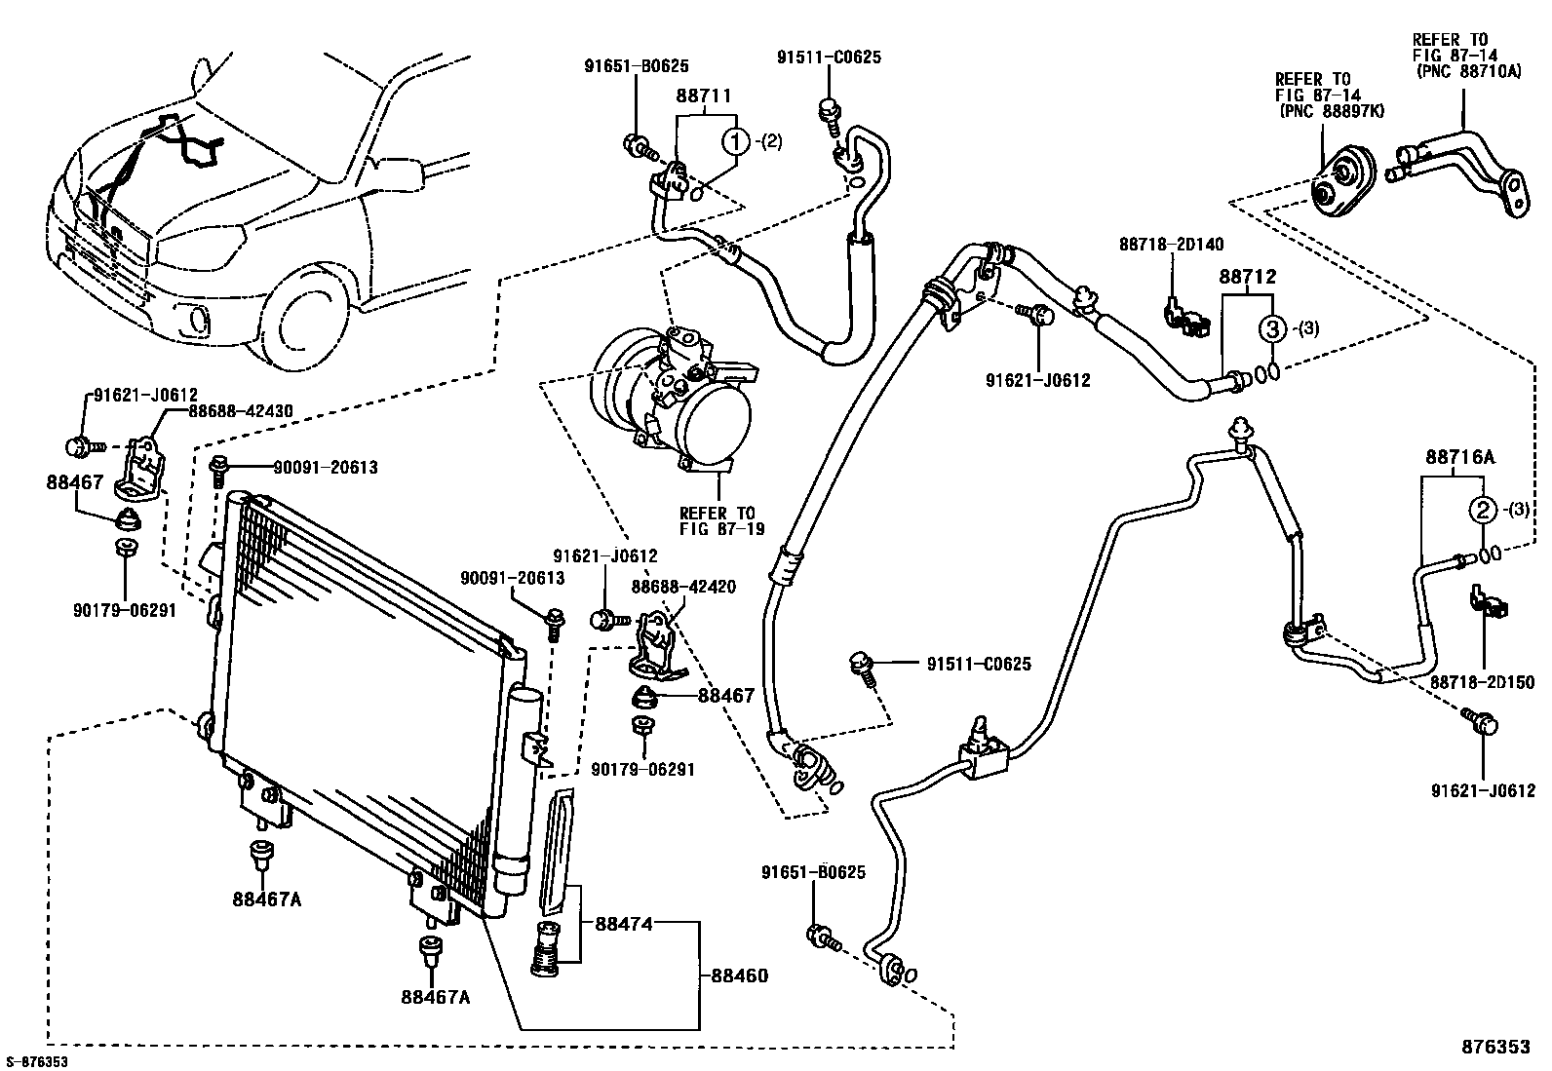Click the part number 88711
703,96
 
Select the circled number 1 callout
736,142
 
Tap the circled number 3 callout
1273,328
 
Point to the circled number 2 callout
1483,511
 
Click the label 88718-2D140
1171,245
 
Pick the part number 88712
1248,277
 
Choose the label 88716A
1459,457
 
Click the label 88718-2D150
1482,682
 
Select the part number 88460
739,975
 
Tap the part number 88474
624,924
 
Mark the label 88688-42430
241,411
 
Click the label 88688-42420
683,587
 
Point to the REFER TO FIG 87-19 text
721,521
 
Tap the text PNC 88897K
1331,111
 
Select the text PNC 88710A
1468,71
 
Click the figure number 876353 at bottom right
1495,1046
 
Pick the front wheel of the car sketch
305,324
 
